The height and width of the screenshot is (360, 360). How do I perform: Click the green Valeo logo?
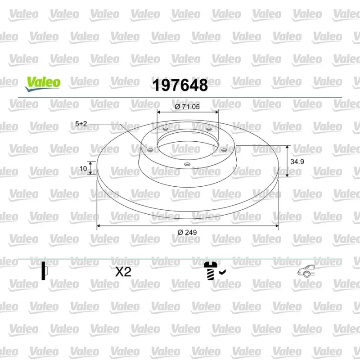[43, 84]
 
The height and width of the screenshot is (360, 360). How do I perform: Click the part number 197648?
[180, 85]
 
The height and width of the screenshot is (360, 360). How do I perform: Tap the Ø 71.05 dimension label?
[187, 107]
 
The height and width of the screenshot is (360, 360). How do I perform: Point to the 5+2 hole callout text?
[81, 124]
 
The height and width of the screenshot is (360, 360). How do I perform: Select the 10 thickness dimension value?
[83, 168]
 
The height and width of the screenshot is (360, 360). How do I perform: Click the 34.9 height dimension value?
[297, 162]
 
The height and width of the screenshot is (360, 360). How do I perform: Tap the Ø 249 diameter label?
[187, 232]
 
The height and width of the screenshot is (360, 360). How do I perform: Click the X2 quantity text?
[123, 272]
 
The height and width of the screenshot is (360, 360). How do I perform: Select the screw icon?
[211, 271]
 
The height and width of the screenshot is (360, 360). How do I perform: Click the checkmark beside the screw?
[222, 272]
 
